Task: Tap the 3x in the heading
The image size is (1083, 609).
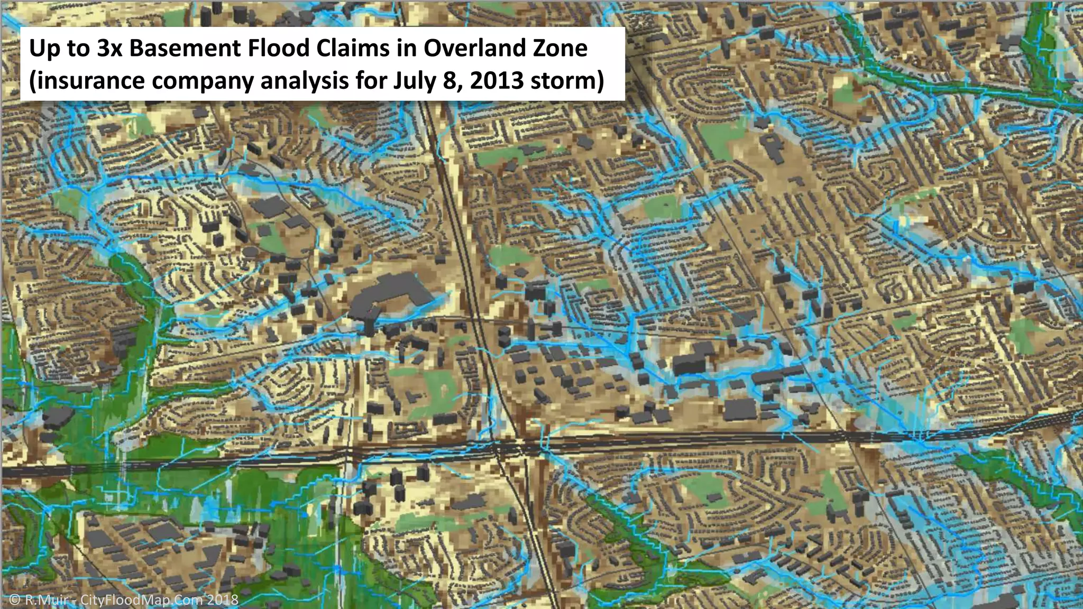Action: tap(109, 49)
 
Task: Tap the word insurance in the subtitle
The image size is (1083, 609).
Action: tap(86, 81)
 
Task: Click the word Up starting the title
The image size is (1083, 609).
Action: tap(43, 49)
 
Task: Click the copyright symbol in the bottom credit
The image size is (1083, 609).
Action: tap(15, 599)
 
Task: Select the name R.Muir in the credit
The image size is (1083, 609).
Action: tap(47, 599)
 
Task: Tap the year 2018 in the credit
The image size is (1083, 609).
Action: tap(222, 599)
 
